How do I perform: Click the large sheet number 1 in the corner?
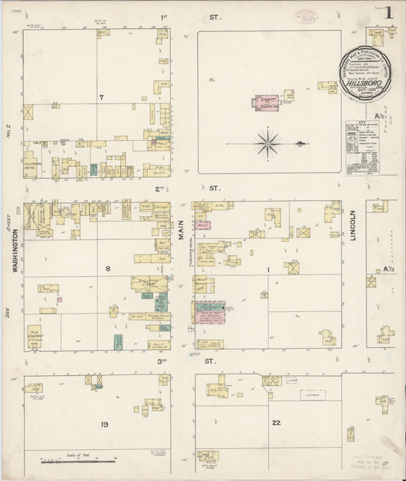388,12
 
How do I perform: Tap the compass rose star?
268,142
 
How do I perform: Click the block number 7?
100,97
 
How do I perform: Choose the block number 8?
107,268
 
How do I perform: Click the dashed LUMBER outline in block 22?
312,395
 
